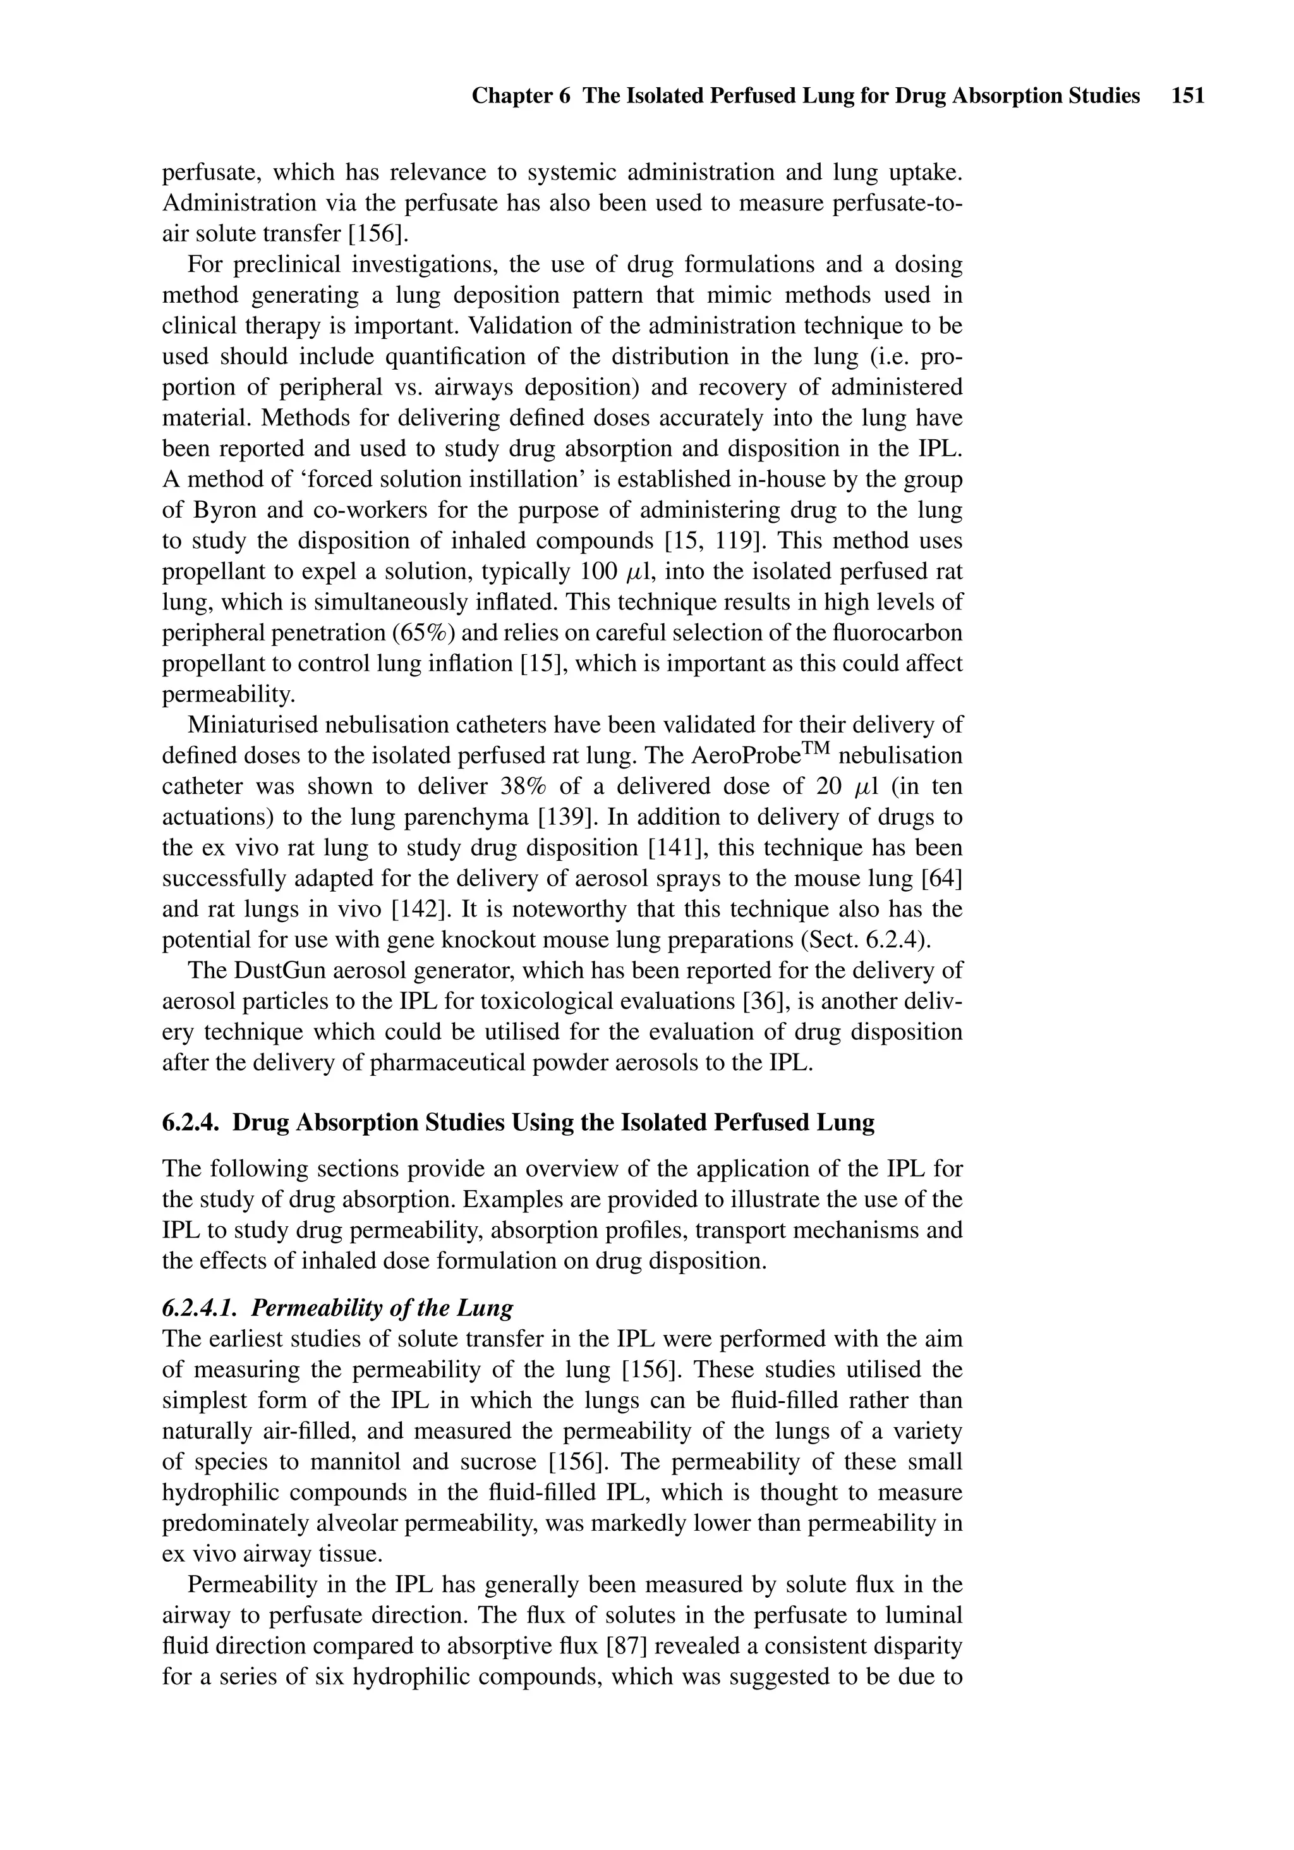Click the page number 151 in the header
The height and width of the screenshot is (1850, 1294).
(x=1188, y=97)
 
